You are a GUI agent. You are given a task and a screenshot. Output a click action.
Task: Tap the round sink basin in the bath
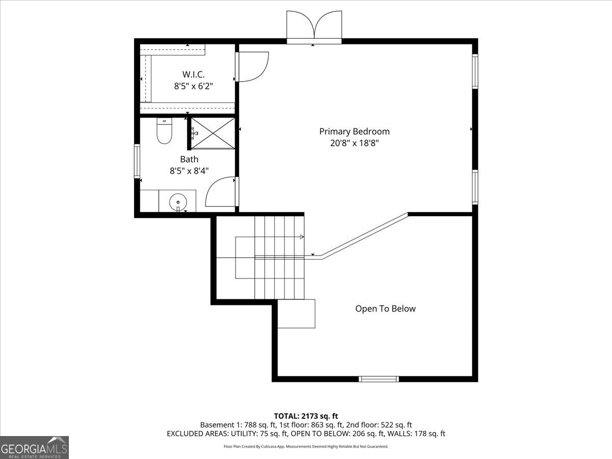[x=178, y=201]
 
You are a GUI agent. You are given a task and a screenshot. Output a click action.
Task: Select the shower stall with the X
[x=213, y=133]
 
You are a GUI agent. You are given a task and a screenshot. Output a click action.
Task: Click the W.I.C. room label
[x=194, y=74]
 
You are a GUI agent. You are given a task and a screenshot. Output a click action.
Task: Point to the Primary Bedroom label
[x=354, y=131]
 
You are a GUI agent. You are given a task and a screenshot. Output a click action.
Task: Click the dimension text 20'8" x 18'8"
[x=354, y=143]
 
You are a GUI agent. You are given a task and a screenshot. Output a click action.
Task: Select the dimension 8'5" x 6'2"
[x=194, y=86]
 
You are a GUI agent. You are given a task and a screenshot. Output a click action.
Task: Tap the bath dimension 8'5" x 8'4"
[x=189, y=171]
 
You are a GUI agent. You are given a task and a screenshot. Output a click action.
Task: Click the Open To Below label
[x=385, y=309]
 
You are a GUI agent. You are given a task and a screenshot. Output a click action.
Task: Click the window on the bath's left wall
[x=137, y=161]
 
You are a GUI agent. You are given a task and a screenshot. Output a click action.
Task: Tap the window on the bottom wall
[x=378, y=379]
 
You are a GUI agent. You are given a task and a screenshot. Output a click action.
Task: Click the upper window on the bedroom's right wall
[x=475, y=71]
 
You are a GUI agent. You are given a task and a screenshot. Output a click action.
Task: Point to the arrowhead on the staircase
[x=302, y=237]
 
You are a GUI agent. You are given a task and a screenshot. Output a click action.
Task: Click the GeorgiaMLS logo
[x=34, y=447]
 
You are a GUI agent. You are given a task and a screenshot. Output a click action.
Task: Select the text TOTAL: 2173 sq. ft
[x=306, y=416]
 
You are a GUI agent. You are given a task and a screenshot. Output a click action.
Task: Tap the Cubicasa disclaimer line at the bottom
[x=306, y=446]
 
